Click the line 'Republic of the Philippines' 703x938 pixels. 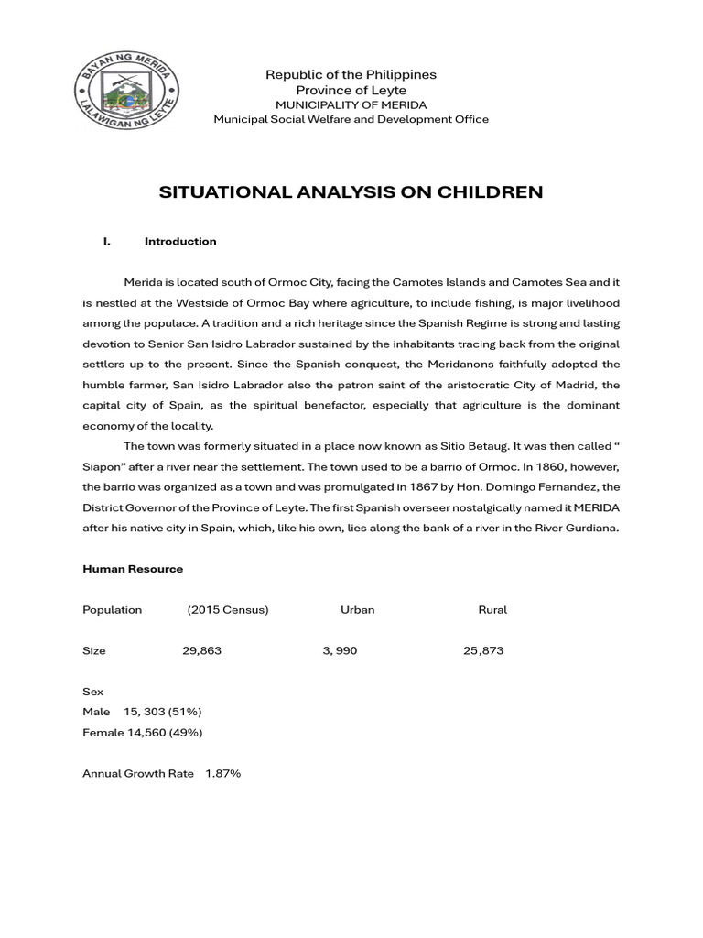351,74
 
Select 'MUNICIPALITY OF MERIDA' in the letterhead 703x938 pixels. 351,105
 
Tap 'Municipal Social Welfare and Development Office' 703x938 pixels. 351,119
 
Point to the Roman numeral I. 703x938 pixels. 107,242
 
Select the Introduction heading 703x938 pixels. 180,242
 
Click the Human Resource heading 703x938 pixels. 133,569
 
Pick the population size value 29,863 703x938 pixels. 201,651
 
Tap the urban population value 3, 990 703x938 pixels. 340,651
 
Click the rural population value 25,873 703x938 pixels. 483,651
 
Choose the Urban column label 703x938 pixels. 357,610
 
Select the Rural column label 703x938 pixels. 492,610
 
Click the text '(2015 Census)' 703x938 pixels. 228,610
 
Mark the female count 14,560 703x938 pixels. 144,733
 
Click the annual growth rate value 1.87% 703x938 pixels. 222,774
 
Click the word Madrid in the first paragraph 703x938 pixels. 574,385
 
